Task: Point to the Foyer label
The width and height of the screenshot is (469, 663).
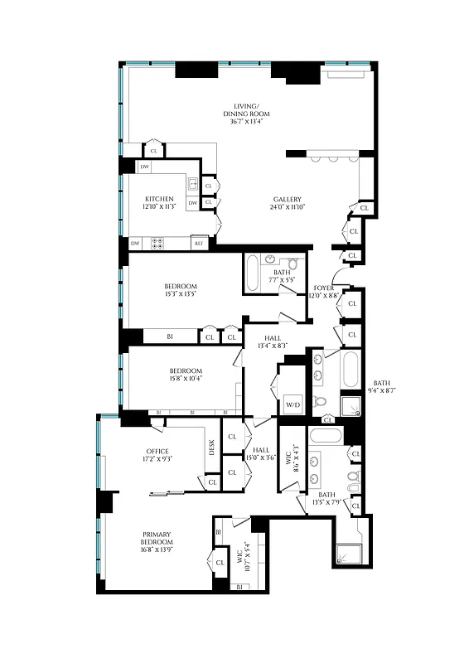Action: (x=323, y=290)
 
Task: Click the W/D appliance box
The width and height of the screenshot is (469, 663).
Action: (x=293, y=404)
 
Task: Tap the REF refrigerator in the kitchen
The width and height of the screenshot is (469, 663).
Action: (x=198, y=243)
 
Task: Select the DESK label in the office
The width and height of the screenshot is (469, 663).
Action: (x=212, y=448)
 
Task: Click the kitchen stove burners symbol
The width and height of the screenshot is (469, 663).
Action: (x=156, y=243)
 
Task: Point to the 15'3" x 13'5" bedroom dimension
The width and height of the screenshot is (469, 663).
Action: (x=180, y=293)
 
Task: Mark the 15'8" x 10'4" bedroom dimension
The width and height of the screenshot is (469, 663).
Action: (x=186, y=378)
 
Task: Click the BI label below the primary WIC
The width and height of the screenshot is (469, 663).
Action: (x=238, y=587)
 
